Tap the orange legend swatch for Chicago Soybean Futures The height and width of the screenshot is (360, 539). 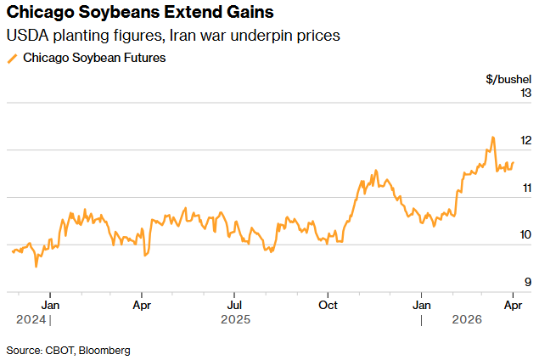tap(12, 59)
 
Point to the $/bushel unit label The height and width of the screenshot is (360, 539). tap(508, 79)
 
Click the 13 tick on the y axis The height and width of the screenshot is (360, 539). tap(525, 93)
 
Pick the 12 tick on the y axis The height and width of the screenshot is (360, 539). tap(525, 140)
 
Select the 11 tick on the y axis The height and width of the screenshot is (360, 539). tap(525, 188)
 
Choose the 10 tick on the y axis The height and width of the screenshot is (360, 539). tap(525, 235)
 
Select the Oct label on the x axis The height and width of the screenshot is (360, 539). tap(328, 303)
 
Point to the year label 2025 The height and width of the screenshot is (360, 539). tap(235, 319)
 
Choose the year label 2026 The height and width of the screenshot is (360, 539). tap(467, 319)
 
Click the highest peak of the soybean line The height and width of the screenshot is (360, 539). tap(492, 137)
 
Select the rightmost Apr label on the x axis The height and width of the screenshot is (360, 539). tap(513, 303)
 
